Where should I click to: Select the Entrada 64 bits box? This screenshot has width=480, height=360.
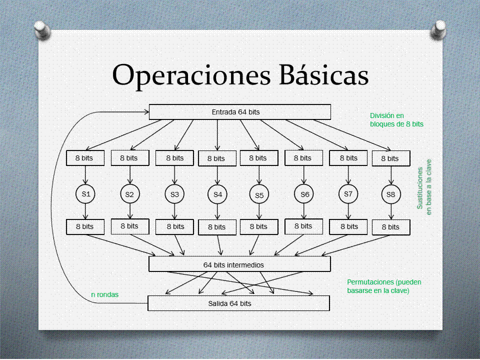pos(240,112)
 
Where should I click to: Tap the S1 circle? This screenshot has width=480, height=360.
pos(85,194)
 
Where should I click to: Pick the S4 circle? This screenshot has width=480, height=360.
pos(217,194)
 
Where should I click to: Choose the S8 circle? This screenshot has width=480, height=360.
pos(390,194)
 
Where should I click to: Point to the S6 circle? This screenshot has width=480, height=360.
pos(304,194)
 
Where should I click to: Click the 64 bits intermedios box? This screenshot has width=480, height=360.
pos(240,264)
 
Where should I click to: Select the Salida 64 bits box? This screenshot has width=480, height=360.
pos(239,303)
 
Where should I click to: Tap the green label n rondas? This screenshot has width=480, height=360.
pos(104,294)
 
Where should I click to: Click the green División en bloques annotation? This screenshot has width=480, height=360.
pos(396,119)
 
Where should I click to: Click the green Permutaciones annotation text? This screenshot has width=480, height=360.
pos(384,286)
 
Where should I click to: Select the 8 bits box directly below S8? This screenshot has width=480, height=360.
pos(390,227)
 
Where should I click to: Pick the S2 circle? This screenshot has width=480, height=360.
pos(129,194)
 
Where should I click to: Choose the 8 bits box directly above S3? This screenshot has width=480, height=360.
pos(174,158)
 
